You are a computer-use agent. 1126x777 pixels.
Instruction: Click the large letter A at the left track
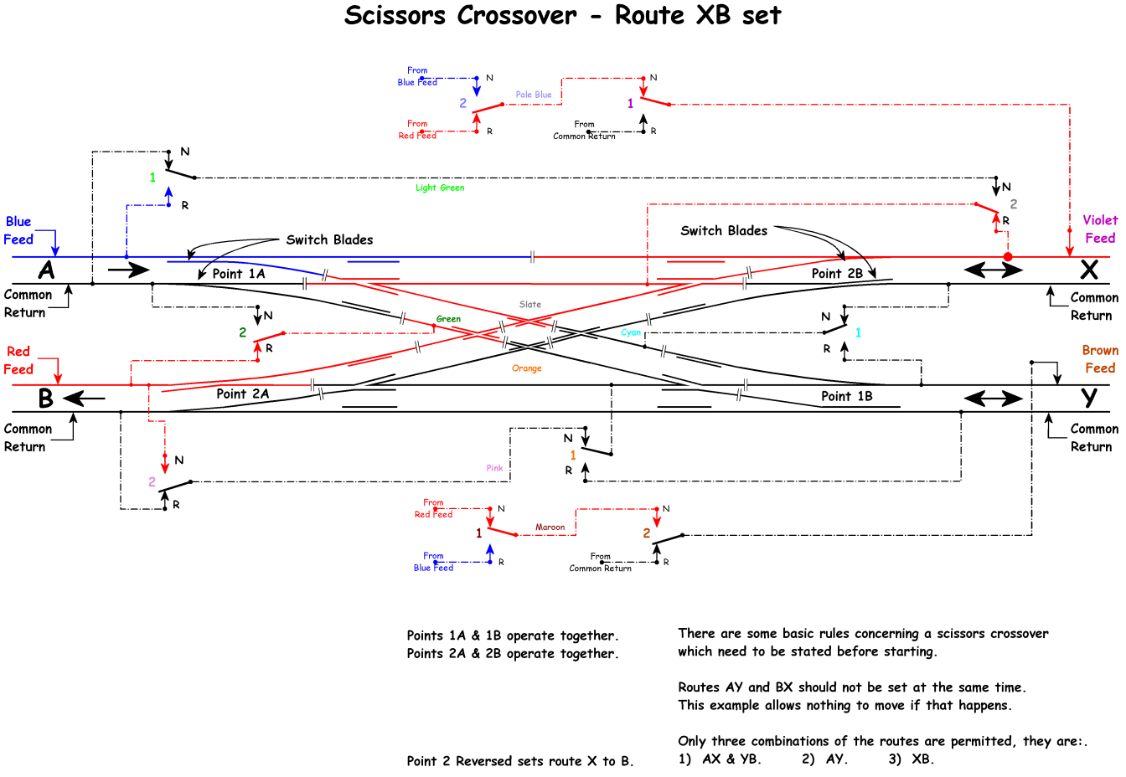[x=47, y=270]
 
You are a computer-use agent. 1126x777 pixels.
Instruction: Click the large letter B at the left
[x=46, y=399]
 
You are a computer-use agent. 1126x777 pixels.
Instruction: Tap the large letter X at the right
[x=1088, y=270]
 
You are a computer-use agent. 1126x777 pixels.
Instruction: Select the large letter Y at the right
[x=1088, y=398]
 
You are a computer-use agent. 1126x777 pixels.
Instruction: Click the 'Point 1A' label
[x=238, y=274]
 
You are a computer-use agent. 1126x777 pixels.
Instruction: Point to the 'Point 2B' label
[x=836, y=274]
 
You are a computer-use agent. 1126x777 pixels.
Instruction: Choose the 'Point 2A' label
[x=242, y=394]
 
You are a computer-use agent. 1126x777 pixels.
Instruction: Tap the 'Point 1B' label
[x=846, y=396]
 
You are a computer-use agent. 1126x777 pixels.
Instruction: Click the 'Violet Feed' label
[x=1099, y=229]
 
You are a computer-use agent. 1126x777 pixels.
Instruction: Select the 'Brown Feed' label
[x=1099, y=359]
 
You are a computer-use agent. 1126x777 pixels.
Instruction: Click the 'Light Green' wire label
[x=440, y=188]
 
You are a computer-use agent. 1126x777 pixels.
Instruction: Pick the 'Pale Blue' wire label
[x=534, y=95]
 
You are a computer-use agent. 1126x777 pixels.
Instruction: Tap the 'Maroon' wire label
[x=550, y=527]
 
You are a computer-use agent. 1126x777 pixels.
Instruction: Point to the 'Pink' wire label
[x=494, y=468]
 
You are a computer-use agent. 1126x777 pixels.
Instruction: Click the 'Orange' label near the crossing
[x=527, y=368]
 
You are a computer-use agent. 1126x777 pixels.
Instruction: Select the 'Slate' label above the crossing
[x=530, y=305]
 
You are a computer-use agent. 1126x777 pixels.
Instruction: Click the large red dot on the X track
[x=1008, y=257]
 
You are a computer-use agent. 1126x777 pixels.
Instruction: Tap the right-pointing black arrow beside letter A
[x=128, y=270]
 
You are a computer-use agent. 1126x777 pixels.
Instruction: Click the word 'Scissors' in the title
[x=460, y=15]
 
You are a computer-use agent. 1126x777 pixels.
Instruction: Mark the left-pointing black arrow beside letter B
[x=84, y=399]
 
